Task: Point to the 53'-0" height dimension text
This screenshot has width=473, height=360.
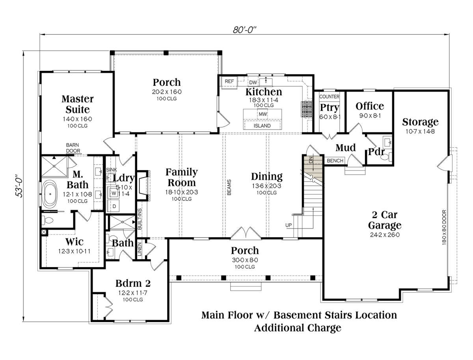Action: coord(19,186)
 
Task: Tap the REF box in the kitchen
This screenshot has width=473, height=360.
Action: coord(229,82)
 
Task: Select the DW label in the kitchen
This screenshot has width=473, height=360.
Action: coord(253,82)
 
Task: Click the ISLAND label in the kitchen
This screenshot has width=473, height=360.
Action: coord(262,126)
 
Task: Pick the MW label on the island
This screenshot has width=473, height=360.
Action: coord(263,114)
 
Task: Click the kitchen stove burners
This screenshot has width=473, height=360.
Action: coord(306,109)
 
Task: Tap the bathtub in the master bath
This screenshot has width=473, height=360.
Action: coord(50,194)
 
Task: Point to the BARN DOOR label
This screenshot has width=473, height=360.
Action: coord(73,148)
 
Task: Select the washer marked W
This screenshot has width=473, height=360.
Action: coord(114,193)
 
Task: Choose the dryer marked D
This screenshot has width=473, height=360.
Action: coord(114,206)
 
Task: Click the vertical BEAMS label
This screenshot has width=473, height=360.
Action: coord(229,187)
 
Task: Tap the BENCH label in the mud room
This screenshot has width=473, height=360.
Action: coord(335,161)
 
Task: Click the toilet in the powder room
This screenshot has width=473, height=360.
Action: coord(387,156)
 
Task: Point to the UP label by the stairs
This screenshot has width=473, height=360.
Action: coord(289,225)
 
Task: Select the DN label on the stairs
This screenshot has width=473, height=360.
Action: coord(311,160)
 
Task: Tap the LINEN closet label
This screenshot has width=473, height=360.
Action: coord(140,249)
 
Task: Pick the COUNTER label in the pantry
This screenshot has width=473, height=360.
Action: coord(329,96)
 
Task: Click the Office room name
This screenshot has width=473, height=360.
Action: coord(370,106)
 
